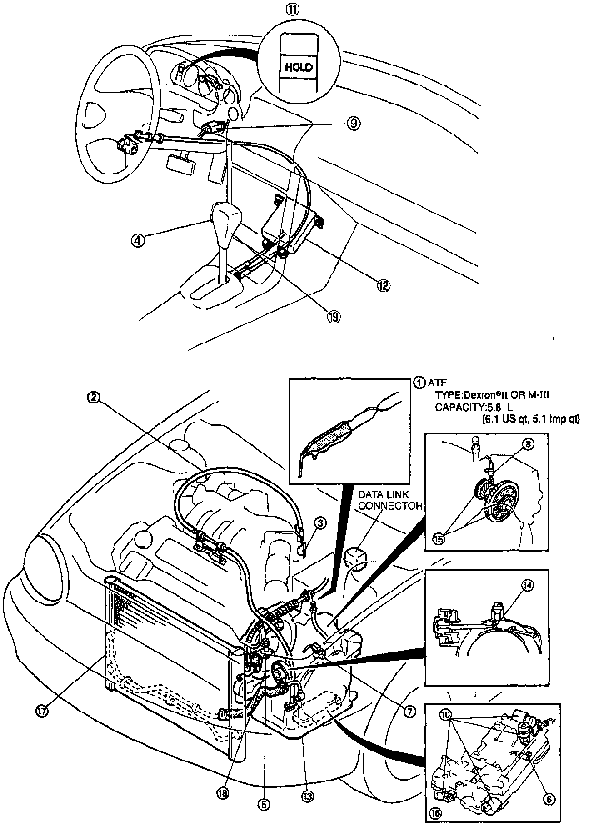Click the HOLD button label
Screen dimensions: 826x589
(299, 68)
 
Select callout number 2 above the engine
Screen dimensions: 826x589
(93, 397)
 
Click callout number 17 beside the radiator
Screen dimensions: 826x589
(42, 712)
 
